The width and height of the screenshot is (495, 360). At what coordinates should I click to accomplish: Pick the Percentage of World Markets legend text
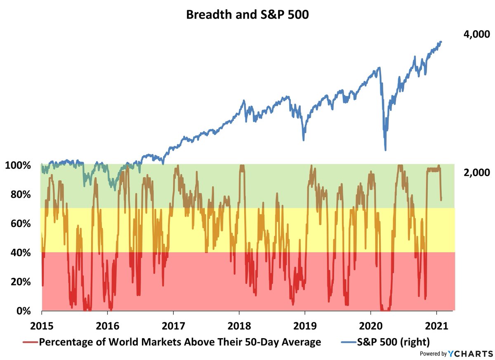coord(180,341)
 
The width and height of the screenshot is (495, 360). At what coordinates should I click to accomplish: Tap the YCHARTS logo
coord(470,353)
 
